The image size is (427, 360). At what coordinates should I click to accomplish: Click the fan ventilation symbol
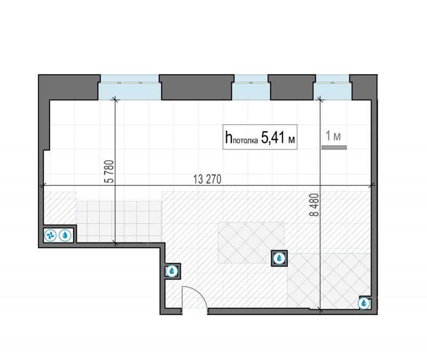pos(50,235)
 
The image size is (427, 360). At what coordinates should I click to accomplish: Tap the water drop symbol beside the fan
pos(65,235)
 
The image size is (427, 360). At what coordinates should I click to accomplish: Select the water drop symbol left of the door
pos(172,271)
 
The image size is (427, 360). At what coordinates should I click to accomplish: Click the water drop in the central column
pos(279,258)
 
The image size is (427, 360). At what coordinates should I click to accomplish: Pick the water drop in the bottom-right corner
pos(364,303)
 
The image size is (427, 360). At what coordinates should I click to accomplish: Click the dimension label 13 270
pos(207,179)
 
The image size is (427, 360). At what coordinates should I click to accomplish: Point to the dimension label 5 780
pos(109,171)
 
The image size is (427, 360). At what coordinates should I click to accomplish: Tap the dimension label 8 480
pos(314,205)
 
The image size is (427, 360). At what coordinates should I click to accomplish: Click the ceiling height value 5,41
pos(273,137)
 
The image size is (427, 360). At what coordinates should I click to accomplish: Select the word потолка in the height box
pos(246,140)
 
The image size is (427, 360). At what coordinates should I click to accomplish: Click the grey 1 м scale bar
pos(334,147)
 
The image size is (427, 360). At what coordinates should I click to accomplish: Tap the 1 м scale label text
pos(333,136)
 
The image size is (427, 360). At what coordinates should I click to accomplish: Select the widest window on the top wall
pos(130,87)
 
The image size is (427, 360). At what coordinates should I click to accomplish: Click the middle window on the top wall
pos(251,87)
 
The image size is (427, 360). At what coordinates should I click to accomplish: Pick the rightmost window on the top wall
pos(333,87)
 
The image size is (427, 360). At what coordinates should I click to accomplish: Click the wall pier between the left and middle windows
pos(196,87)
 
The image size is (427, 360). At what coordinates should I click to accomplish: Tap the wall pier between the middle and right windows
pos(291,87)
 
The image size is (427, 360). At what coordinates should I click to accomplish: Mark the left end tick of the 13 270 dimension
pos(43,185)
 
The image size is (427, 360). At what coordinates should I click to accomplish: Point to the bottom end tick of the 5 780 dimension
pos(115,244)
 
